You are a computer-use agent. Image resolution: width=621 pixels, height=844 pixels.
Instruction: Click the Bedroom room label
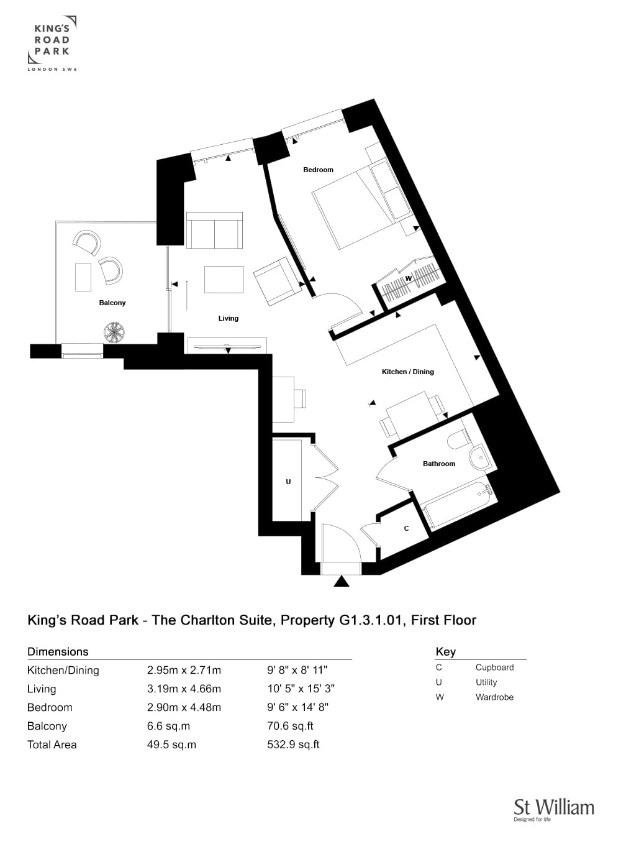pos(318,170)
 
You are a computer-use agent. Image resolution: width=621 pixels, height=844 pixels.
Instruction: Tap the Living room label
pos(228,318)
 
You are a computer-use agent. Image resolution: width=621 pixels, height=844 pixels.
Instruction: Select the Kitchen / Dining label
pos(408,372)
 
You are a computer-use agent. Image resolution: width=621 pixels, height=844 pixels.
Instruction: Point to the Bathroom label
pos(438,464)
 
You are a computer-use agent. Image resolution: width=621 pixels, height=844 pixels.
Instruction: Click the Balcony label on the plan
pos(112,303)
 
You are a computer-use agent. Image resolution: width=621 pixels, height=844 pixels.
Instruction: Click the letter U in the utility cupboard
pos(289,482)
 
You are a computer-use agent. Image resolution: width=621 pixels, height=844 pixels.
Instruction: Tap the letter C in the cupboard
pos(406,529)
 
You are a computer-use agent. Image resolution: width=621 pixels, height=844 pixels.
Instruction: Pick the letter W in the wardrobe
pos(408,279)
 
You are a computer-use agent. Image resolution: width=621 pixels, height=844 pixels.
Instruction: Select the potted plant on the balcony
pos(114,333)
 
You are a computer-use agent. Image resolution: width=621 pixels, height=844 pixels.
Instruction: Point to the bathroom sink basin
pos(481,457)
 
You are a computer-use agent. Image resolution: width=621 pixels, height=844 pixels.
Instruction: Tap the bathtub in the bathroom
pos(457,503)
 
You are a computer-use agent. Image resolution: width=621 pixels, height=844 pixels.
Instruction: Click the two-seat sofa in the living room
pos(214,230)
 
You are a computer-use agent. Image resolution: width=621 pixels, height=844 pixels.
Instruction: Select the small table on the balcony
pos(83,277)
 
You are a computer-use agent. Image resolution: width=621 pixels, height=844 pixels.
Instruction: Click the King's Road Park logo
pos(52,44)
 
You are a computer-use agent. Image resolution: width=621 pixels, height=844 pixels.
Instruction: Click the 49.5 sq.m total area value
pos(172,745)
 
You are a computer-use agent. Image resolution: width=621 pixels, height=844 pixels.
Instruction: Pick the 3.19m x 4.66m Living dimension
pos(184,689)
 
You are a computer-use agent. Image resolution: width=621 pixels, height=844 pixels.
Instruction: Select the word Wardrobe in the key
pos(494,697)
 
